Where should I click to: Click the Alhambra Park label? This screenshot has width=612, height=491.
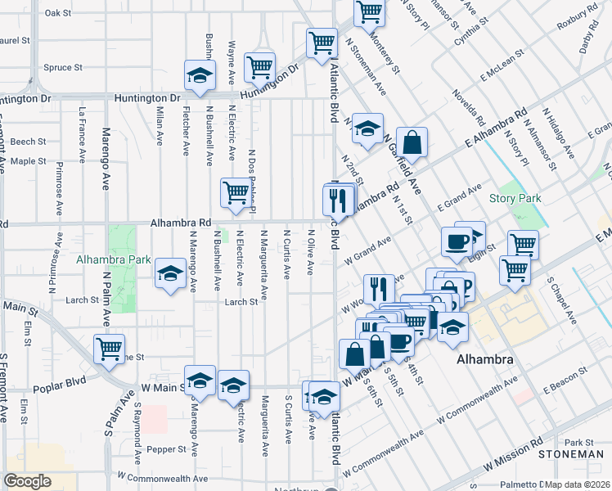click(113, 260)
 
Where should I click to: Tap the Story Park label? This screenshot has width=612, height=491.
click(515, 199)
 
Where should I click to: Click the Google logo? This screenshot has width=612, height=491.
click(27, 480)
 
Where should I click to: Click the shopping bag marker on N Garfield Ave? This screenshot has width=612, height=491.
click(412, 141)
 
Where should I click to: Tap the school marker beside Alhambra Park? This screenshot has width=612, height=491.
click(170, 273)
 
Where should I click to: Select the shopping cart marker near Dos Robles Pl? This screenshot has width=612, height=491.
click(236, 193)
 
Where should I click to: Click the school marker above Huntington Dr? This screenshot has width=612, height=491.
click(199, 75)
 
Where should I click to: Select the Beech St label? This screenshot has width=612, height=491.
click(29, 142)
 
